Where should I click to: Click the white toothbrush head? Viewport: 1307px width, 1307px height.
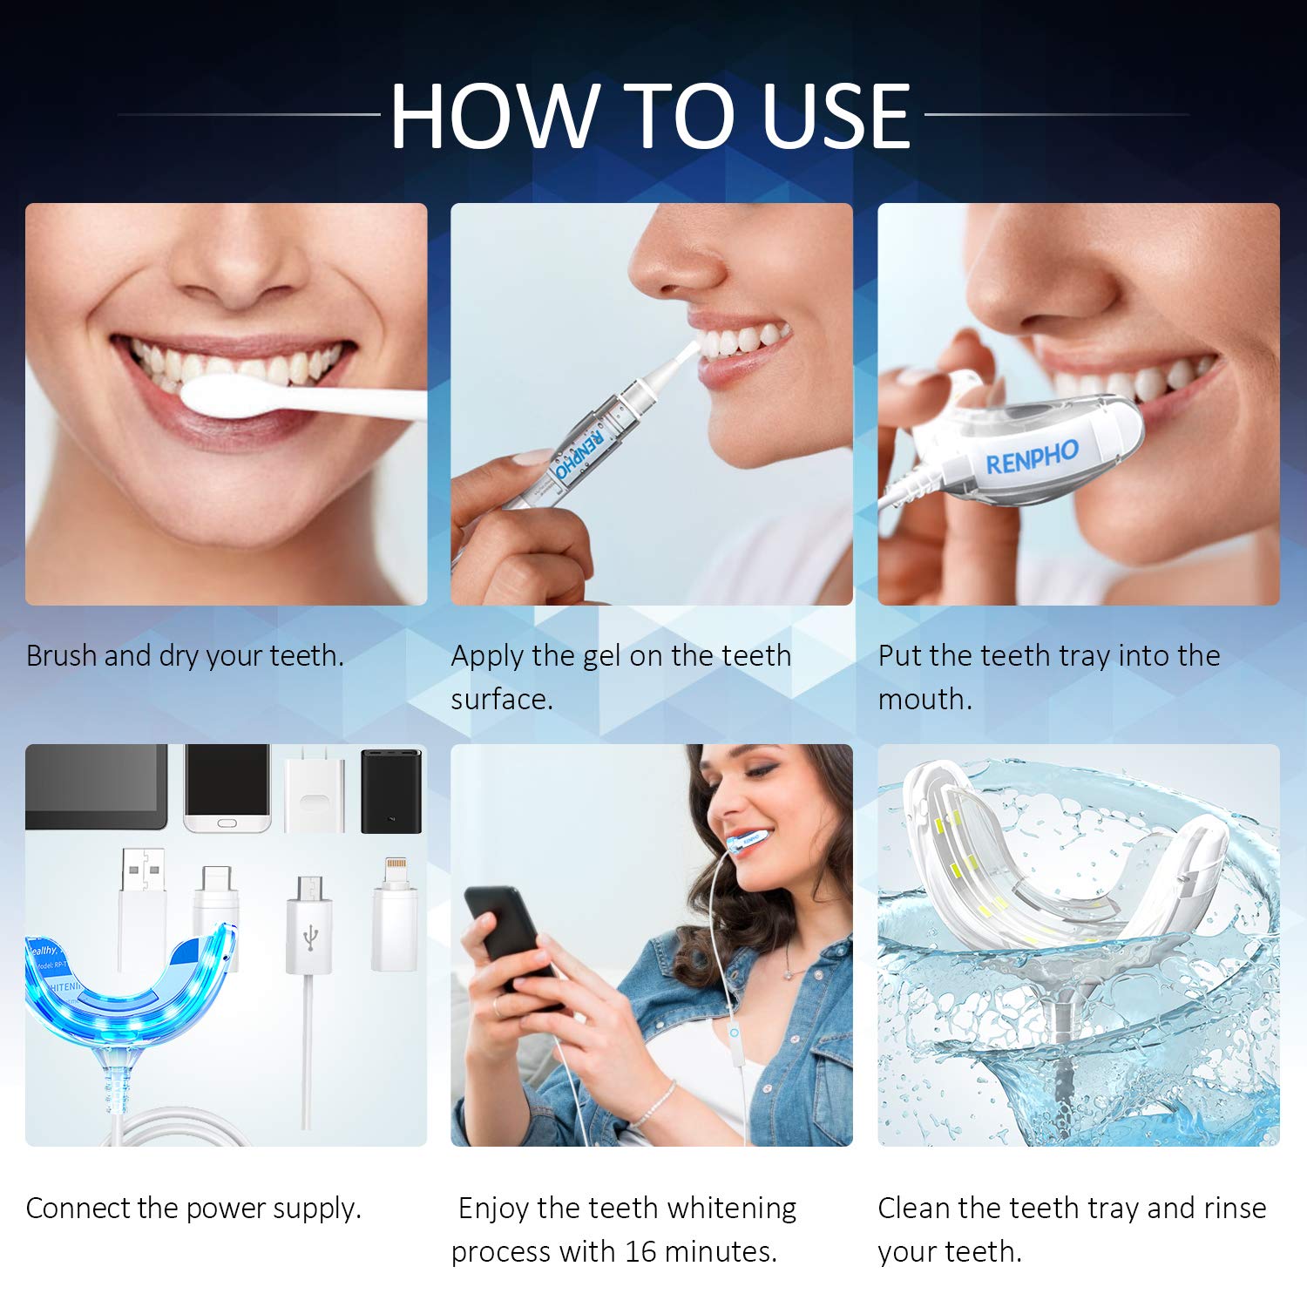pos(228,397)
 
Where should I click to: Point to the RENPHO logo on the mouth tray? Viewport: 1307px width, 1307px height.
pos(1032,457)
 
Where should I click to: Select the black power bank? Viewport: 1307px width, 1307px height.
pos(391,790)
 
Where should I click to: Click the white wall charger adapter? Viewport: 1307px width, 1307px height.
pos(315,791)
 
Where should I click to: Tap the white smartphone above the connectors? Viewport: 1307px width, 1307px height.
pos(227,788)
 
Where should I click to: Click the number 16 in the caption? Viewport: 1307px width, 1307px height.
pos(640,1251)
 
